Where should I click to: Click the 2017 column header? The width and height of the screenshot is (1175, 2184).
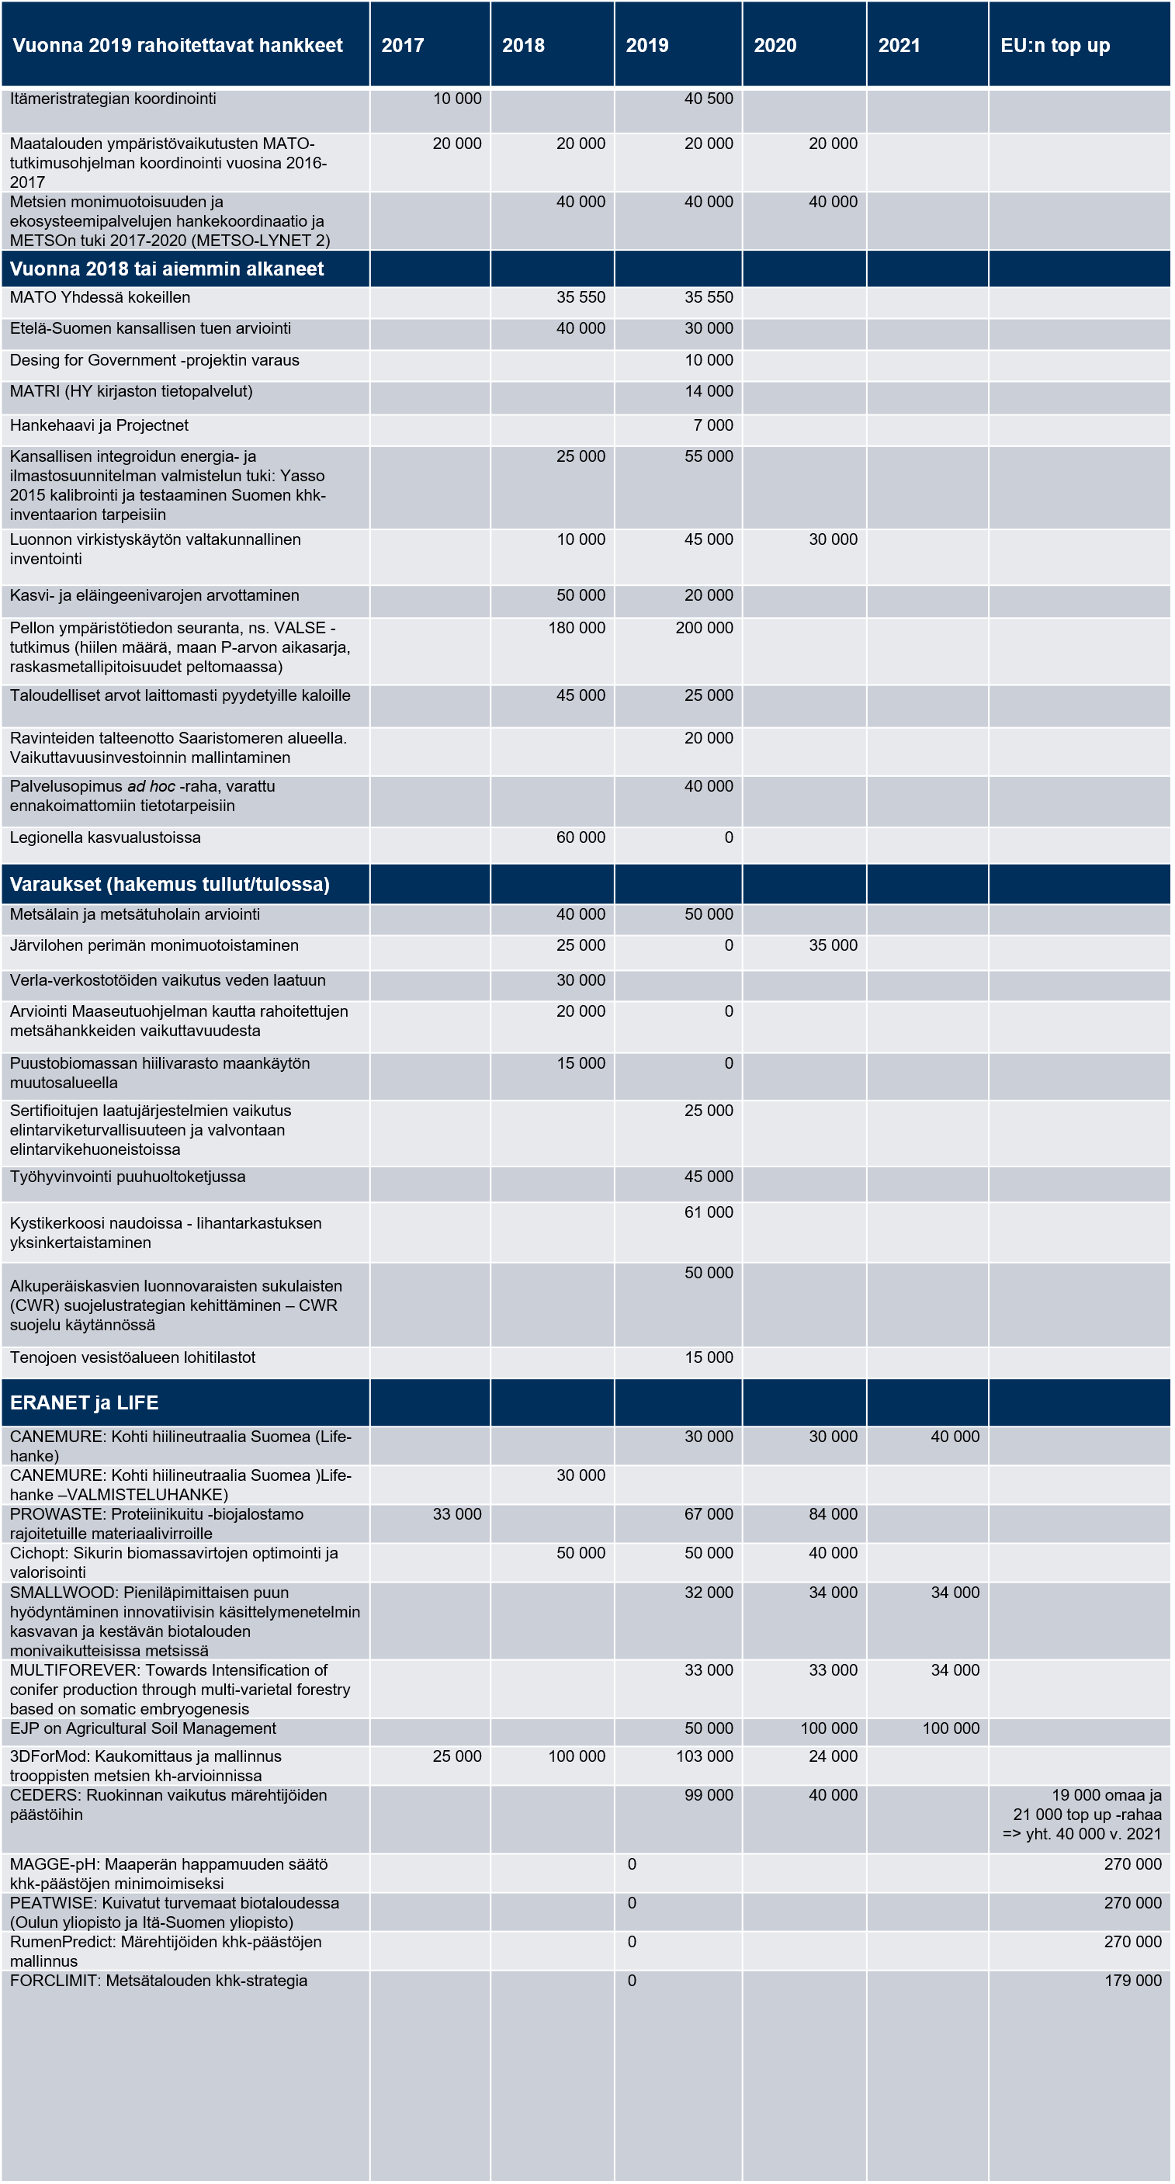(403, 46)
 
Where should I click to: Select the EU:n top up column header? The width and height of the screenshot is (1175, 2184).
(1055, 46)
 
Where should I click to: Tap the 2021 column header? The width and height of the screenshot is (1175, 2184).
(899, 46)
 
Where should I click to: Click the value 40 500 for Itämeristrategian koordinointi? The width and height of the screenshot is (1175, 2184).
(709, 99)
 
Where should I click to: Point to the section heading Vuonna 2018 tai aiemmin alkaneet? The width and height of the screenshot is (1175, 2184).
(167, 269)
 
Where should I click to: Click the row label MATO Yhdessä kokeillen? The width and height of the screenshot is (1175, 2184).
(100, 297)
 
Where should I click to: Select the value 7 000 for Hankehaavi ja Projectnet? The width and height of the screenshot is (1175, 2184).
(713, 425)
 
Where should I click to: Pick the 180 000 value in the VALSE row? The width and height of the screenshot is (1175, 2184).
(577, 628)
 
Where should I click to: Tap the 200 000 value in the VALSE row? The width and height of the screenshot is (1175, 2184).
(704, 628)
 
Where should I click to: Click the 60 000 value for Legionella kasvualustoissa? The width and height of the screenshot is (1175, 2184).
(581, 837)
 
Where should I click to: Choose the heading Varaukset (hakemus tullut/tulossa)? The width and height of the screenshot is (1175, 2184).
(169, 884)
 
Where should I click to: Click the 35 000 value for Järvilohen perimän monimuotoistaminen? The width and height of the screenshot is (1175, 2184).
(833, 945)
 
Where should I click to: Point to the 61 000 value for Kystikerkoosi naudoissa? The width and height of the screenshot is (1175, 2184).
(709, 1212)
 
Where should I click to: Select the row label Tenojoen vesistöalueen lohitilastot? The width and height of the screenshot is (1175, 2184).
(132, 1357)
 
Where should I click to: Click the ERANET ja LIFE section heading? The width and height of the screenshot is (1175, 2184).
(84, 1402)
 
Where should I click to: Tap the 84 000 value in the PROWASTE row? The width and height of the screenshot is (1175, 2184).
(833, 1514)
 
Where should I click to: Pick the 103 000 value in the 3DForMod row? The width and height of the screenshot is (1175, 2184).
(704, 1756)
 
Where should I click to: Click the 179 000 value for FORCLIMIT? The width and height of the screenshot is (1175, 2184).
(1132, 1981)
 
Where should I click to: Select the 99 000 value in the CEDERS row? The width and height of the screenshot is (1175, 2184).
(709, 1795)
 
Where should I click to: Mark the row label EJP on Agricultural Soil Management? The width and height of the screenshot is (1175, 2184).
(144, 1728)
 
